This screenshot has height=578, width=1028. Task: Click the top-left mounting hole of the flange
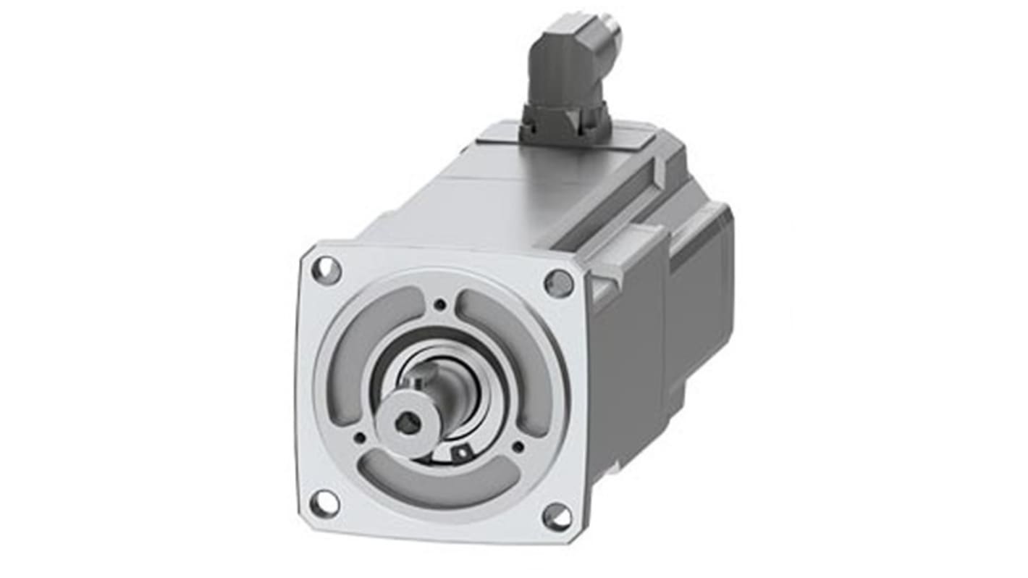326,271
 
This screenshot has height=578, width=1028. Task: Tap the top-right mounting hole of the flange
558,282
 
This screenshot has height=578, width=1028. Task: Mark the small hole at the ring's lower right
518,446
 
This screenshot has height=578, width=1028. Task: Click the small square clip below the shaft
458,453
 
